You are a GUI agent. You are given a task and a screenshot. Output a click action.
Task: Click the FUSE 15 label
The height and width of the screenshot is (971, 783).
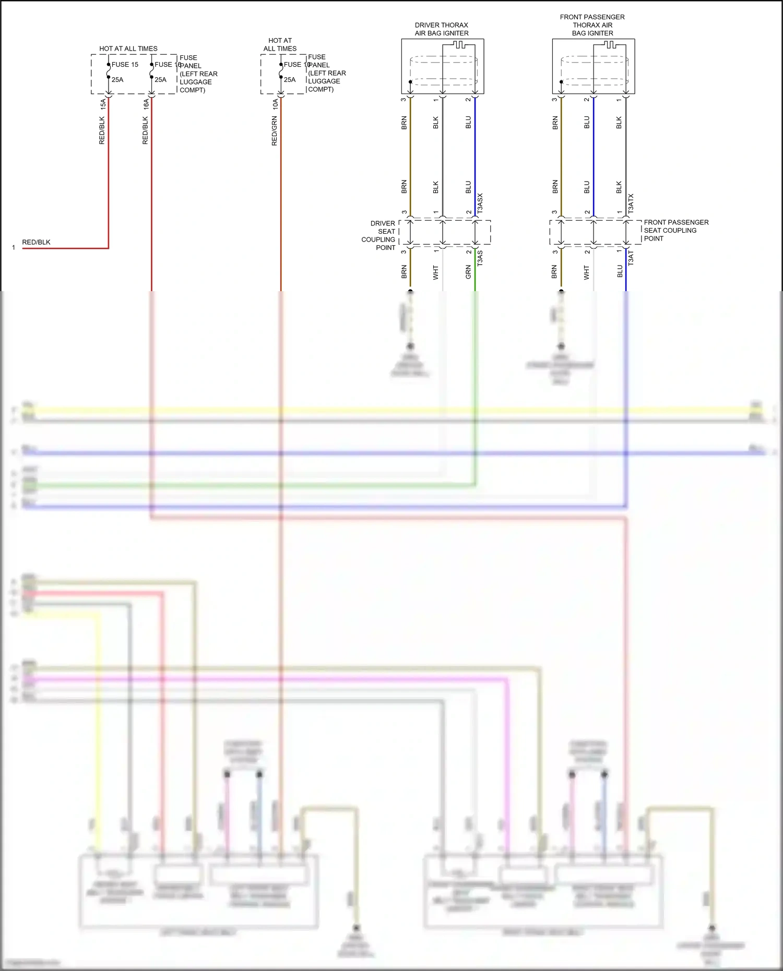(x=125, y=65)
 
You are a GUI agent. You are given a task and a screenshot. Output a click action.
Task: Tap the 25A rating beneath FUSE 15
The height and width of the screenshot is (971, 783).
(x=117, y=80)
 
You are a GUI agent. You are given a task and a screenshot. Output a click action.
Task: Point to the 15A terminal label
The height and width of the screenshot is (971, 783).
(x=103, y=104)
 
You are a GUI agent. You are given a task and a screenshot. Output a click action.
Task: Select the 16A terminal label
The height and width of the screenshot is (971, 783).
(x=146, y=104)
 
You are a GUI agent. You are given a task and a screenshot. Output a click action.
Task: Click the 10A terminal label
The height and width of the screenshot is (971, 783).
(x=275, y=104)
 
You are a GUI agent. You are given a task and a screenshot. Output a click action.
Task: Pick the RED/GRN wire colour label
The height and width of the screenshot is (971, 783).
(x=275, y=131)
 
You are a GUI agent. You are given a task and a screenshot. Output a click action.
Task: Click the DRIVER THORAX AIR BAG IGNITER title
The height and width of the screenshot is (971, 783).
(x=442, y=29)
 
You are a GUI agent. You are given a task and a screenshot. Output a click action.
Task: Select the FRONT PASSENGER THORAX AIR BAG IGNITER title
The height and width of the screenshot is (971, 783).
(x=592, y=25)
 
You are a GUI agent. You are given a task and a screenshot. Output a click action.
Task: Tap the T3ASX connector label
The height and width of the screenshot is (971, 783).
(x=480, y=202)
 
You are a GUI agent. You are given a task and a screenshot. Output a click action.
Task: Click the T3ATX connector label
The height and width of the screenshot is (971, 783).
(x=631, y=203)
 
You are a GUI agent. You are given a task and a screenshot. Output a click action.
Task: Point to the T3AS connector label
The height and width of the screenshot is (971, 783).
(x=480, y=258)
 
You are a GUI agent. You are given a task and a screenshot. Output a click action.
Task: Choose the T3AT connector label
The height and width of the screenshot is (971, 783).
(x=631, y=258)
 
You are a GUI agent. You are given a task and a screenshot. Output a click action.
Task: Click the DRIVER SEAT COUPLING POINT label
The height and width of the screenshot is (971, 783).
(x=379, y=235)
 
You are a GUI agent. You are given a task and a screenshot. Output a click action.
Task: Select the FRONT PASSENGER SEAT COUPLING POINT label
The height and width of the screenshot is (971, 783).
(x=675, y=230)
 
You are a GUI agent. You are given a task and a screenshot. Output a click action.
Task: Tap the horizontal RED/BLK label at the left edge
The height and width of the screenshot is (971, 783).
(x=36, y=242)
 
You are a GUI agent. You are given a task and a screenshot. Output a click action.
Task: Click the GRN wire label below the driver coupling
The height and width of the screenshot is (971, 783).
(x=468, y=272)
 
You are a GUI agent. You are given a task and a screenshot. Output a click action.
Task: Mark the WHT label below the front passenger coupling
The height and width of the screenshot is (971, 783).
(x=587, y=272)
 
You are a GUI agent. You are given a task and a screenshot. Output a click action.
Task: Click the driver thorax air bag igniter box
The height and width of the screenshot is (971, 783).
(x=442, y=66)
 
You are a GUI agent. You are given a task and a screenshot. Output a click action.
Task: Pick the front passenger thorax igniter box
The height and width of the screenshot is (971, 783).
(x=593, y=66)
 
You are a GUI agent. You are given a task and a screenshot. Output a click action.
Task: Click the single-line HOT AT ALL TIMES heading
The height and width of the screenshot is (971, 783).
(x=128, y=49)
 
